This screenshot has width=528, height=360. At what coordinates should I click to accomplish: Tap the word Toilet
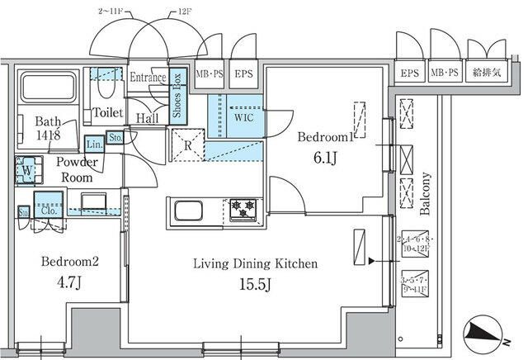pos(107,112)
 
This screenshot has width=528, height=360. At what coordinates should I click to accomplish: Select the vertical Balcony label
pos(427,193)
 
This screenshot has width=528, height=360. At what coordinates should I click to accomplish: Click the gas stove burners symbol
pos(243,209)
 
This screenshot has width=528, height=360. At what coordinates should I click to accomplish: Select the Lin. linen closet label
pos(93,143)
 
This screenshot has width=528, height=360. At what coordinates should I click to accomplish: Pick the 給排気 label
pos(486,73)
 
